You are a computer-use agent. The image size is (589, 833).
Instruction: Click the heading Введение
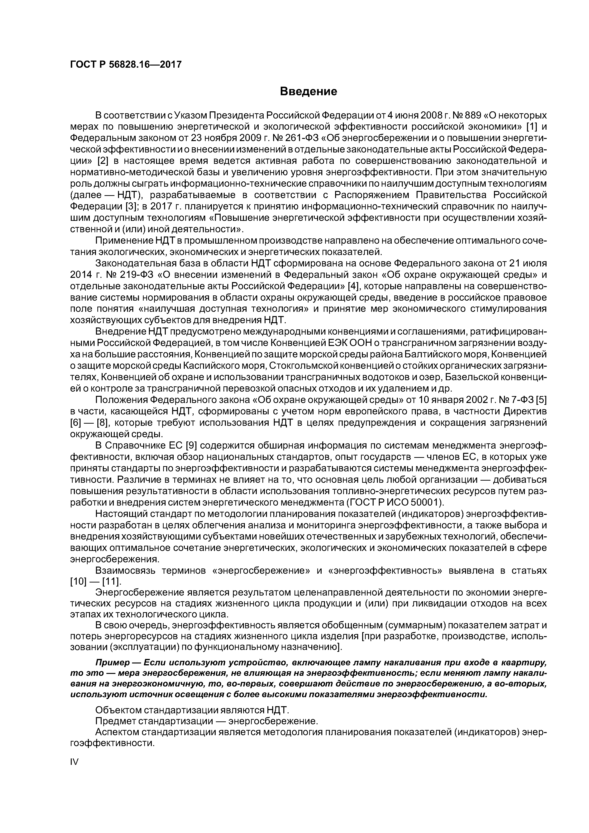(x=309, y=91)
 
